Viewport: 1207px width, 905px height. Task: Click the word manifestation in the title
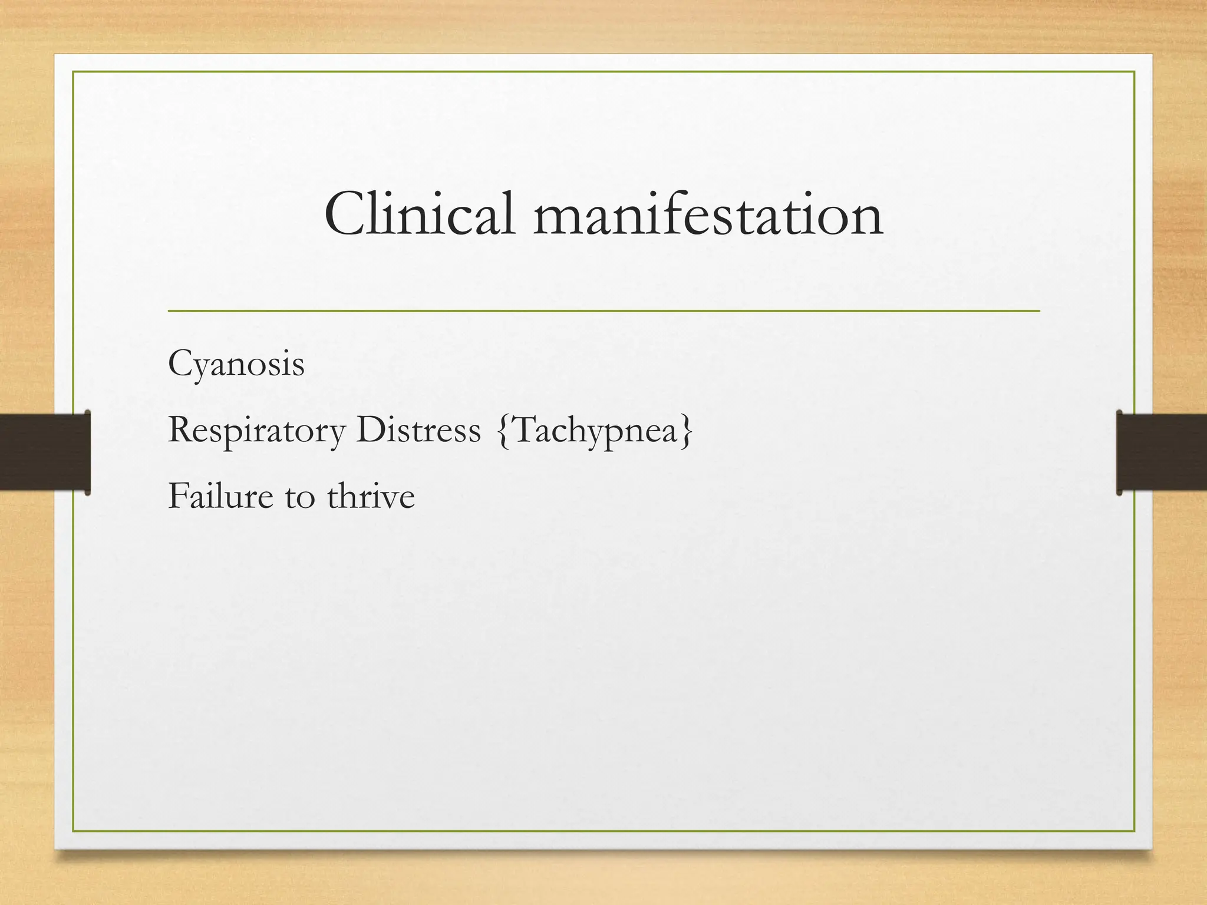pyautogui.click(x=708, y=216)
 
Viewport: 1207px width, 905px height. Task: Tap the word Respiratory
pyautogui.click(x=256, y=431)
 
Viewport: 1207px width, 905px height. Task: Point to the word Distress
pyautogui.click(x=418, y=430)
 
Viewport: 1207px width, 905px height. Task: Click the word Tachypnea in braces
pyautogui.click(x=595, y=431)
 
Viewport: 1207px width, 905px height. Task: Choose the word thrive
pyautogui.click(x=371, y=496)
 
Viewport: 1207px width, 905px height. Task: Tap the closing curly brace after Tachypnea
pyautogui.click(x=687, y=431)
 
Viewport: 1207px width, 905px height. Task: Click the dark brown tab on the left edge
pyautogui.click(x=45, y=452)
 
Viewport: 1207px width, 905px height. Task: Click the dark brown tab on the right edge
pyautogui.click(x=1161, y=452)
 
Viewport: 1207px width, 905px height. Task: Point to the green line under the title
pyautogui.click(x=603, y=310)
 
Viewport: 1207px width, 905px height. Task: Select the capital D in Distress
pyautogui.click(x=369, y=430)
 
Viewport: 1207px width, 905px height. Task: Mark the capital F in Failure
pyautogui.click(x=177, y=496)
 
